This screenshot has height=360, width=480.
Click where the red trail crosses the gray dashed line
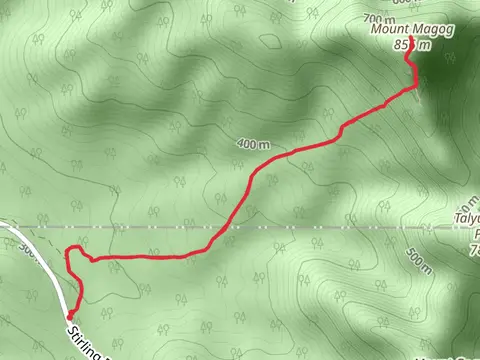click(x=230, y=227)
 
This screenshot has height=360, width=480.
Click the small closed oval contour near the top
click(x=270, y=42)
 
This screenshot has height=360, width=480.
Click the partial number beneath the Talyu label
click(x=472, y=250)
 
